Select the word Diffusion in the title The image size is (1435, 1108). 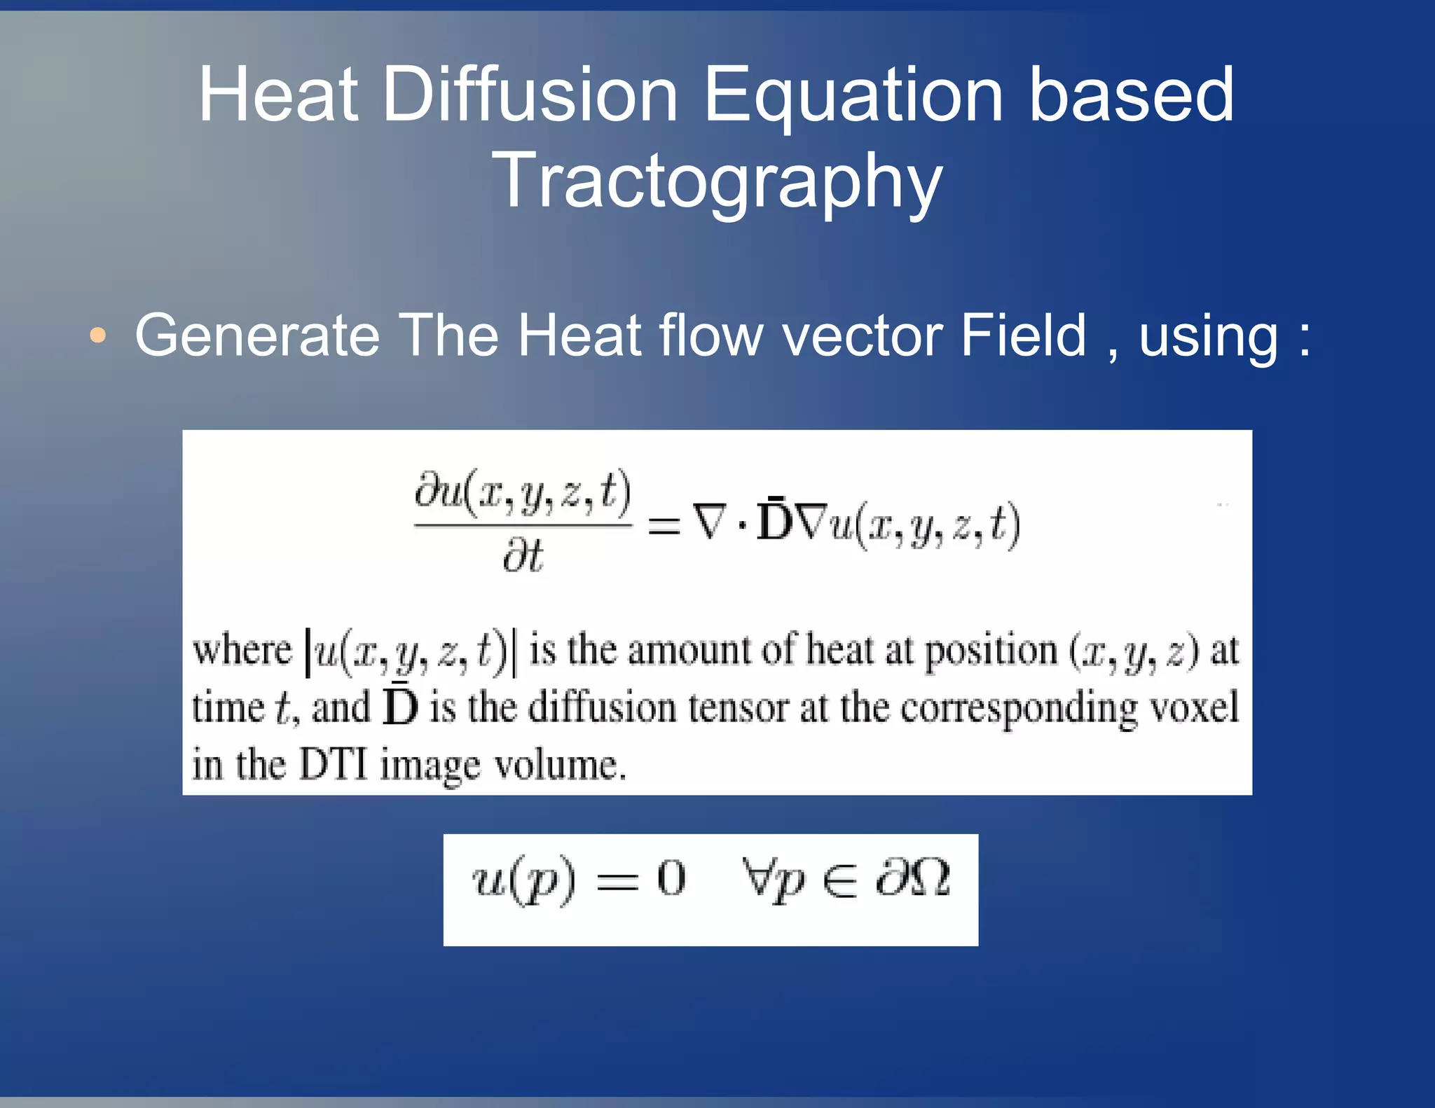530,95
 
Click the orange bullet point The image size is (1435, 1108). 98,335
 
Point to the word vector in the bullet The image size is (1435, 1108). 863,336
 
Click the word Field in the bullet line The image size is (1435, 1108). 1024,336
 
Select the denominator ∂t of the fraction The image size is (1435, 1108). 523,558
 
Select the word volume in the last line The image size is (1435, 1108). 560,764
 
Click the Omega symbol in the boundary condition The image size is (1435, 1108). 929,878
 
